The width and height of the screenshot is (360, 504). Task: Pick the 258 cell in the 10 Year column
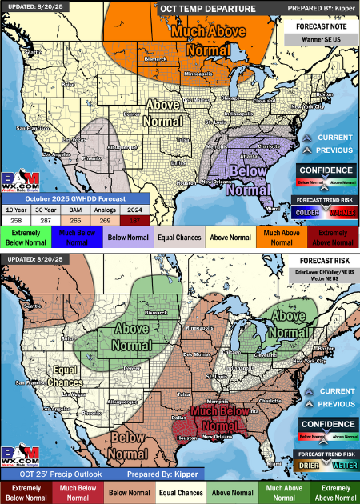(17, 218)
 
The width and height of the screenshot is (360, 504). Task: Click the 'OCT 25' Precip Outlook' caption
(45, 474)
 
